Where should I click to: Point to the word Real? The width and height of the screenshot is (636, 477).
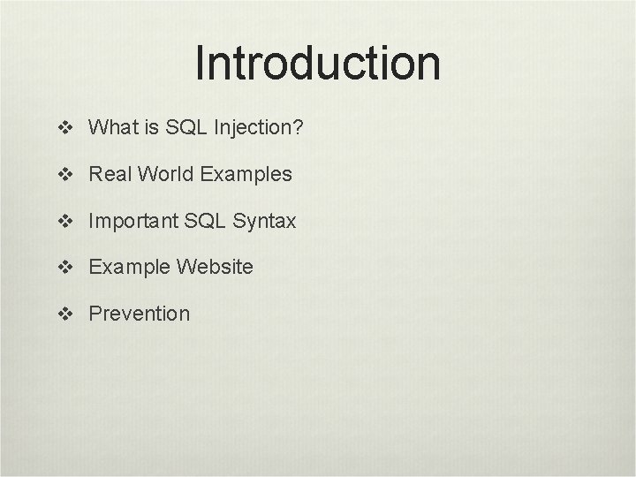[x=109, y=174]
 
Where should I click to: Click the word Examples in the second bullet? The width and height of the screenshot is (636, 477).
[x=246, y=175]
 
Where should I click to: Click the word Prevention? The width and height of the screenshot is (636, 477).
[x=139, y=313]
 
